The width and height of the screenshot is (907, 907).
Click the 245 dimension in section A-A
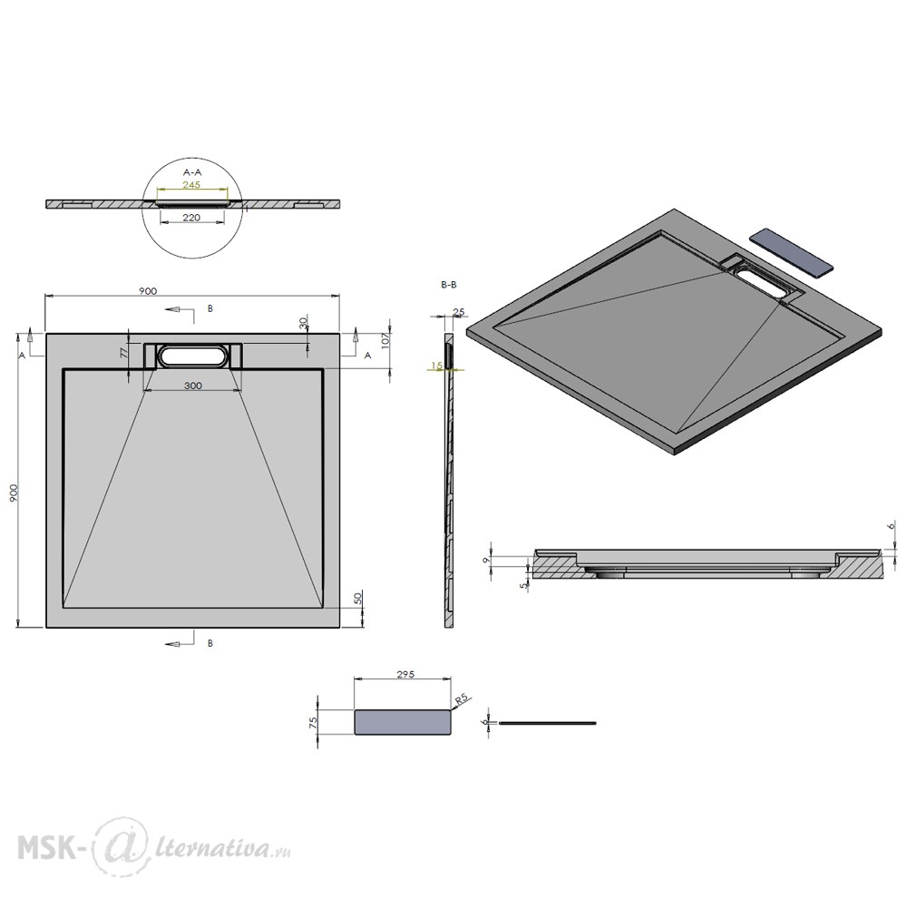191,184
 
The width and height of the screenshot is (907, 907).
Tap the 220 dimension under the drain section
191,218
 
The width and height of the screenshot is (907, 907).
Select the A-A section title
192,171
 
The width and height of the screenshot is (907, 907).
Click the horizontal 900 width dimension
148,291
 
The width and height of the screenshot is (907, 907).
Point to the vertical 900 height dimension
15,493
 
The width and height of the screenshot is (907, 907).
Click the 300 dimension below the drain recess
193,385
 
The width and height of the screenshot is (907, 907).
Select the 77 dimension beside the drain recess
123,354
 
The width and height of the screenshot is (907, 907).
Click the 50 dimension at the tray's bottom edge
357,598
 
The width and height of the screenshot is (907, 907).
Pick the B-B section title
449,285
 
